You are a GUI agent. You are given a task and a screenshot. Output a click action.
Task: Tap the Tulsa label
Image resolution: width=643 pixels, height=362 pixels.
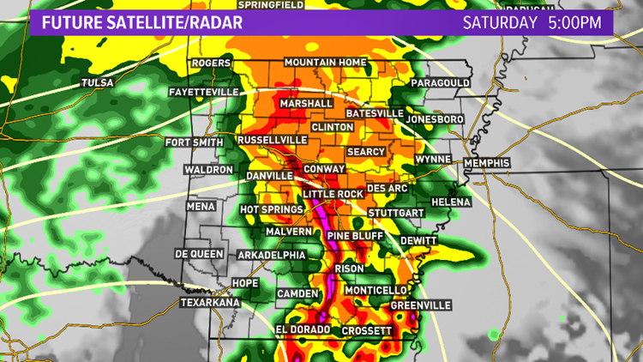pyautogui.click(x=97, y=82)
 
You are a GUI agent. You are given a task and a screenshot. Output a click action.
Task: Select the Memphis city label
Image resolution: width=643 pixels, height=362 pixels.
pyautogui.click(x=487, y=163)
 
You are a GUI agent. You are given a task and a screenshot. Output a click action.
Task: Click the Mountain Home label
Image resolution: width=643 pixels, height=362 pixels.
pyautogui.click(x=326, y=63)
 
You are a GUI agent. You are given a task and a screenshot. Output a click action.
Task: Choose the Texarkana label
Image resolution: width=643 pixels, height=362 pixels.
pyautogui.click(x=207, y=303)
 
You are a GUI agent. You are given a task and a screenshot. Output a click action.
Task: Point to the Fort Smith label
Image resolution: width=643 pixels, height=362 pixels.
pyautogui.click(x=194, y=142)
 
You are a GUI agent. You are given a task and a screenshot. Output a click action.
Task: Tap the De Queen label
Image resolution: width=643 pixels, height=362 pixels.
pyautogui.click(x=199, y=254)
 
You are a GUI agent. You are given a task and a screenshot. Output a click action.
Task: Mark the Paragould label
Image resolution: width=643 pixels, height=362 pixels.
pyautogui.click(x=440, y=82)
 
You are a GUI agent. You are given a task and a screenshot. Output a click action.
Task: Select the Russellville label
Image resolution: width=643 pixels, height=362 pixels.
pyautogui.click(x=272, y=139)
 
